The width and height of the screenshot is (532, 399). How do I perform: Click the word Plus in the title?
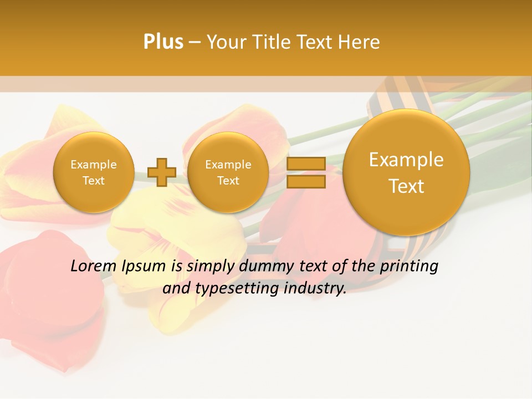pos(163,42)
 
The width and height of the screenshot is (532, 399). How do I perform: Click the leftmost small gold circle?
pos(93,172)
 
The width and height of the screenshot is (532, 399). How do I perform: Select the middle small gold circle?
pos(228,172)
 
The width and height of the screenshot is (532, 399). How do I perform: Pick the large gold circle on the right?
pos(406,172)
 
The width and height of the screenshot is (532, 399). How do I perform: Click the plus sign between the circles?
pos(162,172)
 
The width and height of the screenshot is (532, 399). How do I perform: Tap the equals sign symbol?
pos(306,172)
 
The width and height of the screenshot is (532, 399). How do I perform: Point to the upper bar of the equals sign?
pos(306,164)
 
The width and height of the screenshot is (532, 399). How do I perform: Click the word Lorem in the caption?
pos(92,267)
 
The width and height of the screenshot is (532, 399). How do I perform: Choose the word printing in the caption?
pos(408,267)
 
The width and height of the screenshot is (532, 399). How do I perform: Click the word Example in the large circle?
pos(406,160)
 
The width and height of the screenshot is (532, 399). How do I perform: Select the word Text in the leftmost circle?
pos(93,181)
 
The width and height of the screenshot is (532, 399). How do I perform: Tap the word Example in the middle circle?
pos(228,165)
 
